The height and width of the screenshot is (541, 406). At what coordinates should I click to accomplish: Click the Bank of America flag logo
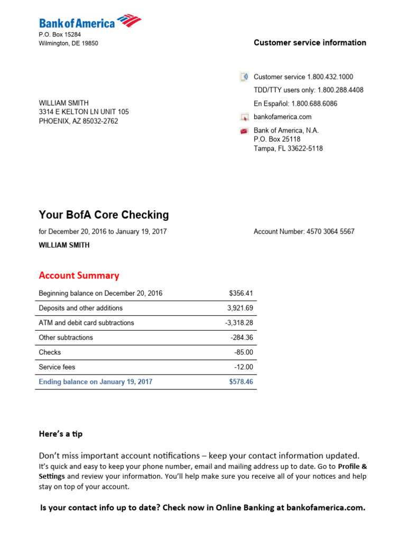point(129,21)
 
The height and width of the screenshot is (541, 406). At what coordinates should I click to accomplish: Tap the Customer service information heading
point(310,43)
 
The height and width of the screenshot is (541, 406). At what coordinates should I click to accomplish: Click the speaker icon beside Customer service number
point(244,77)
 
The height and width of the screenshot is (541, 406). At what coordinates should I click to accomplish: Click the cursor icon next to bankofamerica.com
point(244,117)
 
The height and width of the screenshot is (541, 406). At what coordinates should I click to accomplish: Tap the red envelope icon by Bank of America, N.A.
point(244,130)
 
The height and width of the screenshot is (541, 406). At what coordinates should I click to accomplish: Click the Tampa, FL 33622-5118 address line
point(288,148)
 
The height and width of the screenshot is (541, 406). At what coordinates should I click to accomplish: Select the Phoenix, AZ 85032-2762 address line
point(78,121)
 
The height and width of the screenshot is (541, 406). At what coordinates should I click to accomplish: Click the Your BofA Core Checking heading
point(104,214)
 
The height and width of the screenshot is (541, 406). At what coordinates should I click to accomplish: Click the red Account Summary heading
point(79,275)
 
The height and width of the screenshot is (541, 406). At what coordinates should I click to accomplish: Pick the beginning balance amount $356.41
point(241,293)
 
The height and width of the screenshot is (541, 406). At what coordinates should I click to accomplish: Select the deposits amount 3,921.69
point(241,308)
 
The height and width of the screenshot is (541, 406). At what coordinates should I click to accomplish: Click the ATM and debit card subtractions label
point(86,323)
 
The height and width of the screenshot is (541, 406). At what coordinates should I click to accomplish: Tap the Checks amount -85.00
point(244,352)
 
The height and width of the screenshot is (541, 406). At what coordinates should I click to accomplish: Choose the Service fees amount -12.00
point(244,367)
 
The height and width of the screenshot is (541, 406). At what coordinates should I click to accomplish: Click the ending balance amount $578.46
point(241,381)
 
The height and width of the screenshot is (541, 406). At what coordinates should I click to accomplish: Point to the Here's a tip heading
point(60,434)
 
